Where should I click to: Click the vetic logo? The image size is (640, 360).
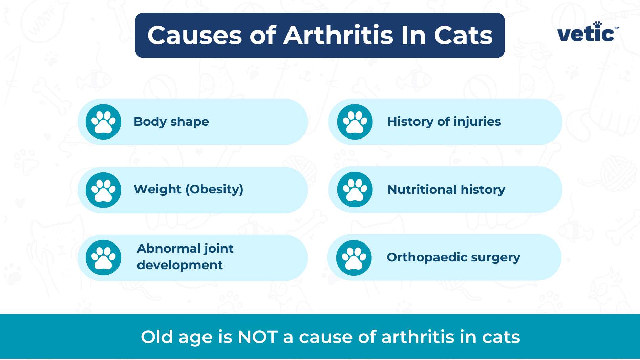point(588,32)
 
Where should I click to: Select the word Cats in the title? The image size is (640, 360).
point(463,35)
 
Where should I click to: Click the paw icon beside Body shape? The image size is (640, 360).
point(103,122)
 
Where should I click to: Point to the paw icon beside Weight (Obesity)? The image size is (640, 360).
point(103,190)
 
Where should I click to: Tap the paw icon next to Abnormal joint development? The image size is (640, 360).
point(103,258)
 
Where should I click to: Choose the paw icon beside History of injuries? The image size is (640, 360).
point(355,122)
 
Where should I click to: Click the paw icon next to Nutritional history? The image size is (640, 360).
point(355,190)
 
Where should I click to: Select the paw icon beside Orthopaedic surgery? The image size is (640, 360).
point(354,258)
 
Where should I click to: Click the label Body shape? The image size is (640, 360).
point(171,122)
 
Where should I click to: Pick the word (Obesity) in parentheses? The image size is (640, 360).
point(214,189)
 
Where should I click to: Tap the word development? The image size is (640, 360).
point(180,265)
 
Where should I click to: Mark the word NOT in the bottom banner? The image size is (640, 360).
point(258,337)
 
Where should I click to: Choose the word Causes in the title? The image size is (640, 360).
point(195,35)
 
